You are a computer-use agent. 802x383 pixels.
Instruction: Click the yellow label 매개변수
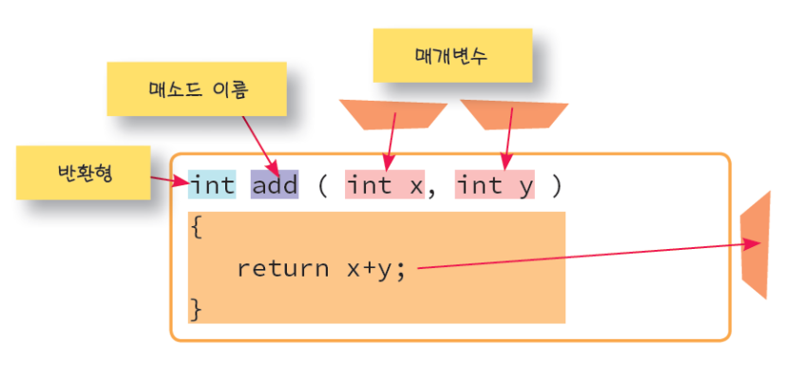click(451, 55)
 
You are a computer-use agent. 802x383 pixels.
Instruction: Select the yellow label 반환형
click(83, 173)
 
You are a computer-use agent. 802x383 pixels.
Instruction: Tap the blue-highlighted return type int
click(212, 184)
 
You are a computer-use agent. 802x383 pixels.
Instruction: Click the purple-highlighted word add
click(275, 184)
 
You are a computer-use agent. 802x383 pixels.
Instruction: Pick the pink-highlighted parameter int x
click(384, 184)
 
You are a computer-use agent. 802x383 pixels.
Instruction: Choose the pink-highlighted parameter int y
click(494, 184)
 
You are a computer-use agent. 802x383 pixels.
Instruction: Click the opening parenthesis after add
click(322, 185)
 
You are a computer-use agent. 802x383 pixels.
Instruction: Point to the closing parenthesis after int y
click(556, 185)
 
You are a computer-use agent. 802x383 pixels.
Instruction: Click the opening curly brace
click(196, 228)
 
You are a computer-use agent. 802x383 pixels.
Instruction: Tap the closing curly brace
click(196, 308)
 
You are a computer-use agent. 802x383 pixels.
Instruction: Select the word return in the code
click(282, 268)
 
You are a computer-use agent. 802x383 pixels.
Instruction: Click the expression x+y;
click(376, 268)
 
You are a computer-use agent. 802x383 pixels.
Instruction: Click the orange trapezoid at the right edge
click(756, 245)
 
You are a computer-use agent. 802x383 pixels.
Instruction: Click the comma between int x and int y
click(431, 190)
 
